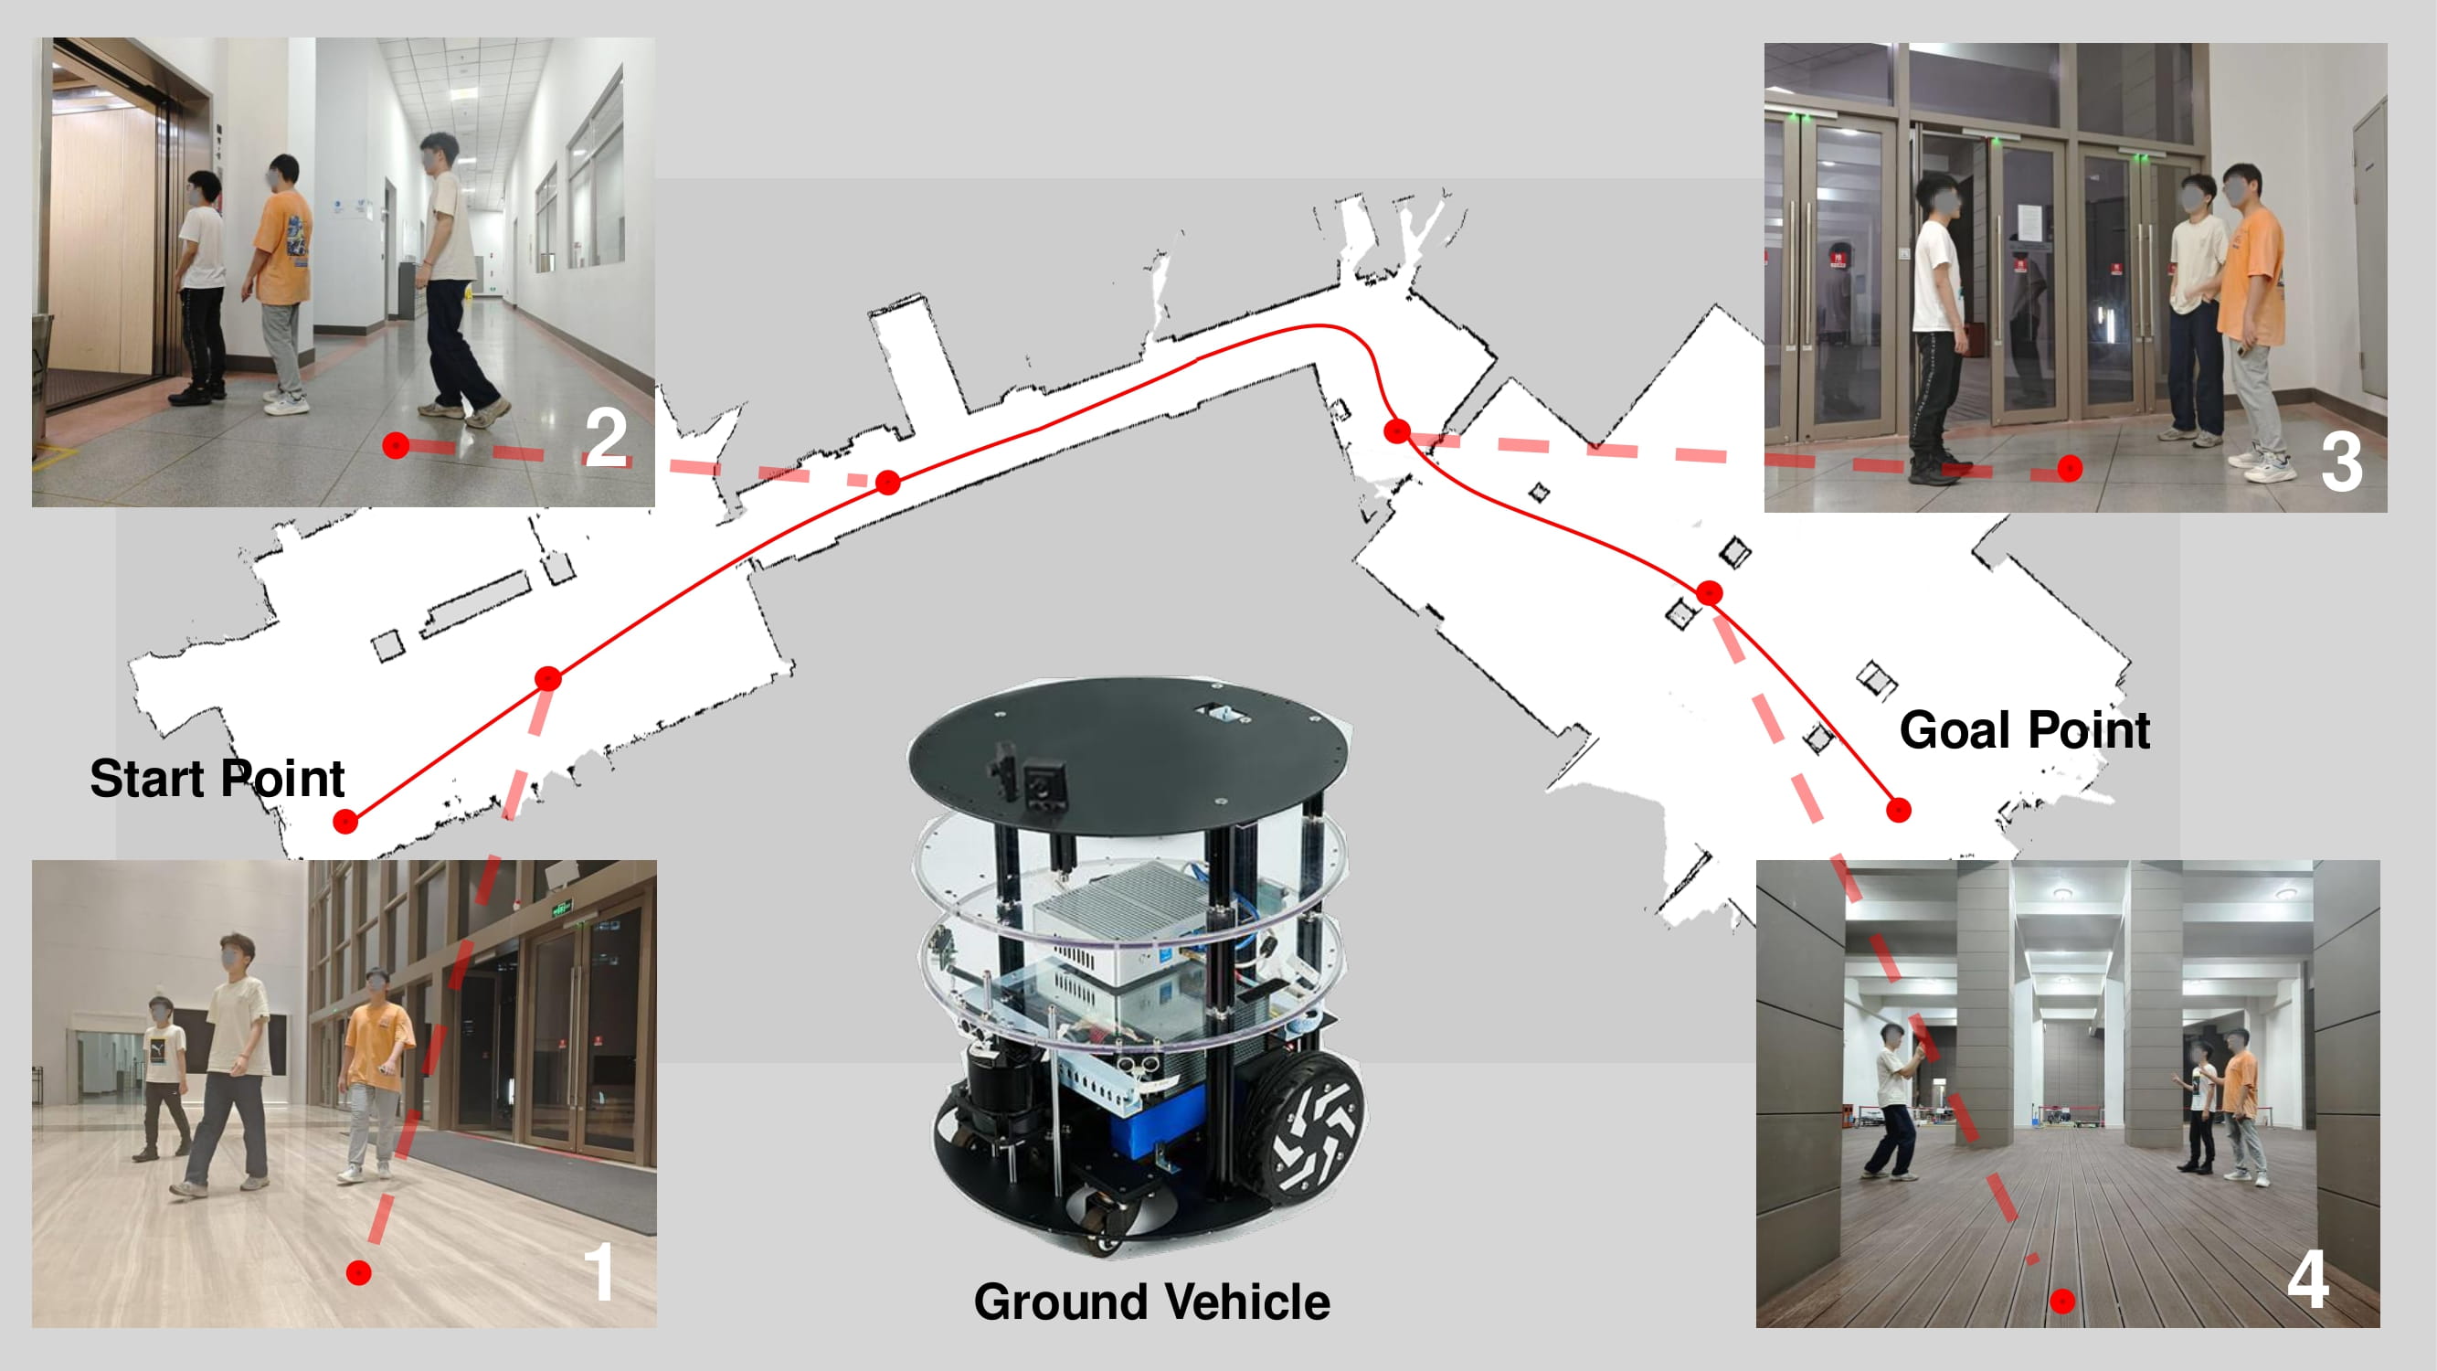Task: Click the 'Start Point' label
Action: pos(217,779)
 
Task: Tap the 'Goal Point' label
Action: pos(2025,729)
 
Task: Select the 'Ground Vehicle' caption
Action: pos(1151,1302)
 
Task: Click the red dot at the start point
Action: pos(346,822)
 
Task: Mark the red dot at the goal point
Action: pos(1899,810)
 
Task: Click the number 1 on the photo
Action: pos(598,1272)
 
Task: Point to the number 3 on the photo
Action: pos(2341,462)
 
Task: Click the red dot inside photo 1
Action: pos(358,1272)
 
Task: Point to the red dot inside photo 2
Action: pos(397,445)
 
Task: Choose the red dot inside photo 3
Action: pos(2070,467)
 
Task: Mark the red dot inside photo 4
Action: pos(2062,1301)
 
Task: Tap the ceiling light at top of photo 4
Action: pos(2063,892)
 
